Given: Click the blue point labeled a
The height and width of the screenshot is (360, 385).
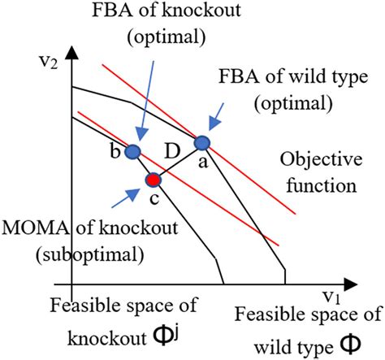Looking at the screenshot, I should (202, 143).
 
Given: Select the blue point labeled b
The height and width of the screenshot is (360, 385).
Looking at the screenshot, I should (134, 152).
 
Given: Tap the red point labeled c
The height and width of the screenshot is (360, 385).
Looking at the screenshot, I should (152, 179).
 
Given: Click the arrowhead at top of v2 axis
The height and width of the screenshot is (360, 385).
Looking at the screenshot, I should (73, 50).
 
